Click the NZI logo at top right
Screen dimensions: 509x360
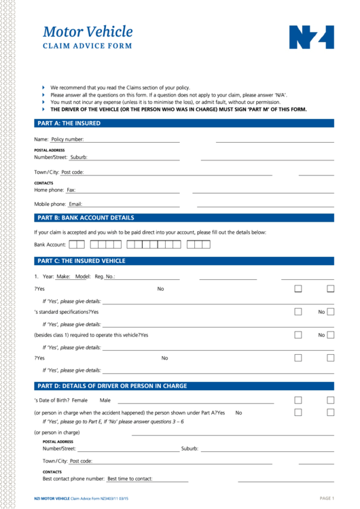coord(312,37)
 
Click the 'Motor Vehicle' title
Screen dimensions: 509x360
coord(88,32)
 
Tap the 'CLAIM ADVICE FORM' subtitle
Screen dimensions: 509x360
coord(87,47)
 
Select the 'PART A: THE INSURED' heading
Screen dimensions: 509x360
coord(69,124)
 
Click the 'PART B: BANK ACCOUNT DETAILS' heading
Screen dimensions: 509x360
coord(86,218)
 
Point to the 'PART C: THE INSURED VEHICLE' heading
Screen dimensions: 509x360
coord(82,261)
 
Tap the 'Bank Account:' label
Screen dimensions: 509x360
coord(50,244)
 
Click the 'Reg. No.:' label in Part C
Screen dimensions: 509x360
coord(105,277)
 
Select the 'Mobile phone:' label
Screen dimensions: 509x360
coord(50,204)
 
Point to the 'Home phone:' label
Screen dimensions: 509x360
coord(49,190)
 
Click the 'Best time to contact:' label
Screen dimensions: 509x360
coord(130,479)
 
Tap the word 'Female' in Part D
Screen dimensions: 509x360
coord(79,400)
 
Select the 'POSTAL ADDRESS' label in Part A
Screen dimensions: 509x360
coord(50,150)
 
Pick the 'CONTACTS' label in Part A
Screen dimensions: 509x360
coord(43,183)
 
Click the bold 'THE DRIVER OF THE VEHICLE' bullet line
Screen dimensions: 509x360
coord(179,109)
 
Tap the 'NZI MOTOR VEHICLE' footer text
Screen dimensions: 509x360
coord(52,499)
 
